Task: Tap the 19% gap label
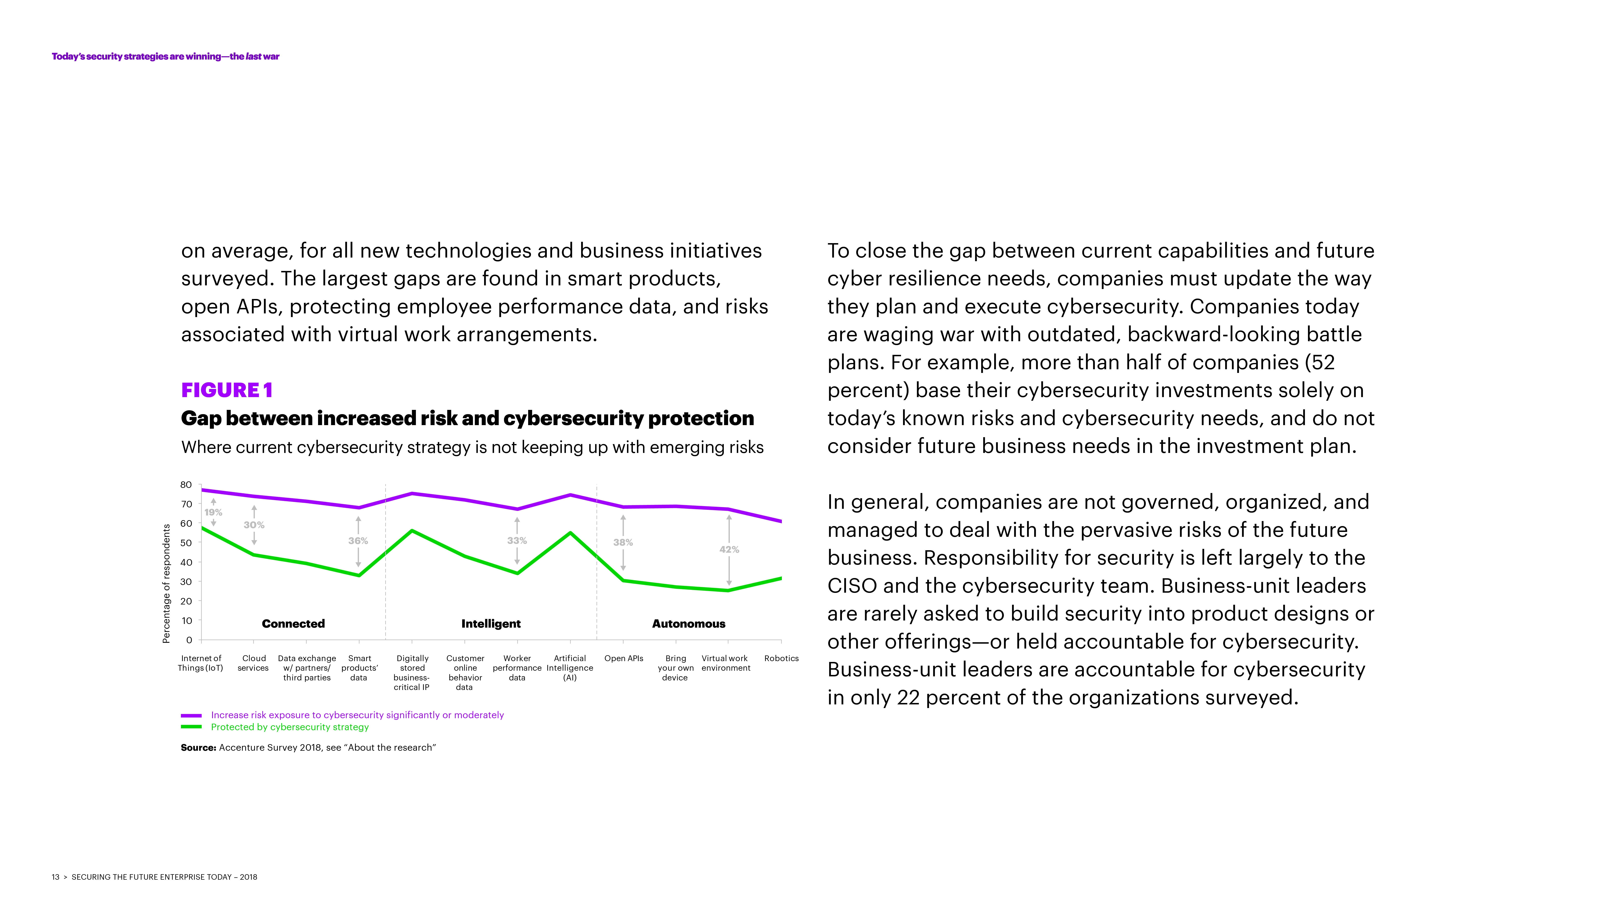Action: pos(213,512)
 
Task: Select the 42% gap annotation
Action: pos(729,549)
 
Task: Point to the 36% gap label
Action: pos(358,540)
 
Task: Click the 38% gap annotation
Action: pos(623,542)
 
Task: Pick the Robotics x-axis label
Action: pos(781,658)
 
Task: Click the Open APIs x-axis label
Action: pos(624,658)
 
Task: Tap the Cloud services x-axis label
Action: pos(254,663)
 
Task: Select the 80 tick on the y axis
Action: pos(186,484)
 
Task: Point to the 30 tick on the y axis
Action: pos(186,582)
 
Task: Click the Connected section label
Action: pos(293,623)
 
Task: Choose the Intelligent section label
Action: pos(490,623)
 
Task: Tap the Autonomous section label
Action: pos(688,623)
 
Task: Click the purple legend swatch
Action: pos(191,715)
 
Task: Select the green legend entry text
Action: pos(289,727)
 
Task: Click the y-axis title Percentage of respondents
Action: pos(166,584)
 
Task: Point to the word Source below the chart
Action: pos(198,747)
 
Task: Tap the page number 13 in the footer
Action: pos(55,877)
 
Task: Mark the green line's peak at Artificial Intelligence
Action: pos(570,533)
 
